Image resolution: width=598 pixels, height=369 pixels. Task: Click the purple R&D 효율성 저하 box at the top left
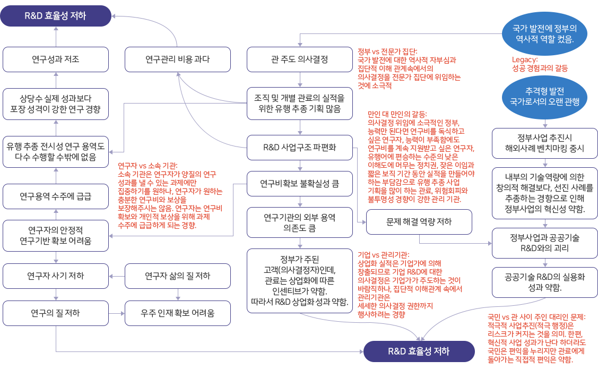55,16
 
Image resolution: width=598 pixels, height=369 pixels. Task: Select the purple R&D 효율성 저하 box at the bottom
419,351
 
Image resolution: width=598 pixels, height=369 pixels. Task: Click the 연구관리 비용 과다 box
177,59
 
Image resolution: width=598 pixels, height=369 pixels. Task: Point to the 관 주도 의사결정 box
299,59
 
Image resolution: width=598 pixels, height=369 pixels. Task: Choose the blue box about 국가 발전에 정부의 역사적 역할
545,33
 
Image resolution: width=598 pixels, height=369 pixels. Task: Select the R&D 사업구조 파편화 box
299,147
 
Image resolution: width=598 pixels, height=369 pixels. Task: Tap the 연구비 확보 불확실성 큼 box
299,184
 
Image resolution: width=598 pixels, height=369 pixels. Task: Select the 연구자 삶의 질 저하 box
177,276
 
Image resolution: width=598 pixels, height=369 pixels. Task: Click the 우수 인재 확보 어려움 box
177,313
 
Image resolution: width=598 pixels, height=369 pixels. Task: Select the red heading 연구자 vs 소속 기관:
148,166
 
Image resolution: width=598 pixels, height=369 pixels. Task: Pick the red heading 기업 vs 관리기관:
383,255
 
